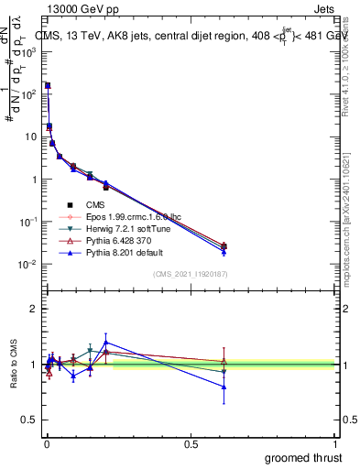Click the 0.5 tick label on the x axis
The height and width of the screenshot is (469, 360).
(x=191, y=444)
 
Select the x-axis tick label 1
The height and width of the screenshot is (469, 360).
(x=335, y=444)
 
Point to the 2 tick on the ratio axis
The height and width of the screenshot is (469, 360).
(x=34, y=309)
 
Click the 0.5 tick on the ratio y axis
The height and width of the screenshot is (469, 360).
(x=30, y=421)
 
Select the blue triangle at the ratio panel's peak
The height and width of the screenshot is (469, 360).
(x=106, y=342)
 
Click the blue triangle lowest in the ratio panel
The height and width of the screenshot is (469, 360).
(x=224, y=387)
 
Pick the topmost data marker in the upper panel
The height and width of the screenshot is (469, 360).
(x=48, y=85)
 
